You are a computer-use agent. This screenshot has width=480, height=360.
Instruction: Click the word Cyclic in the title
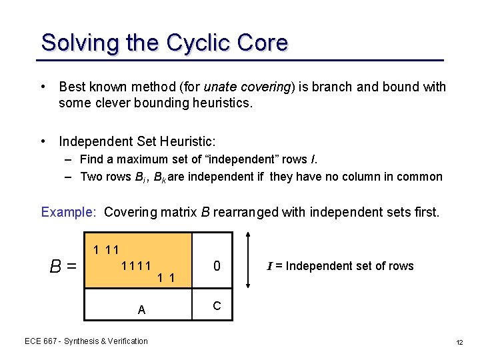tap(200, 43)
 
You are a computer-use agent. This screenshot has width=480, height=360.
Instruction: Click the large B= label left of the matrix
tap(63, 266)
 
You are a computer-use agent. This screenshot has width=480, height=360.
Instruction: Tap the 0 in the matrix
tap(217, 266)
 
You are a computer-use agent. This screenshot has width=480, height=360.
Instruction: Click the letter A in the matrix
tap(141, 309)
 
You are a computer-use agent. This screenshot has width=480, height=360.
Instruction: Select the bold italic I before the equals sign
tap(269, 266)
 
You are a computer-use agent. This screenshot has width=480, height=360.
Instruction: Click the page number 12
tap(459, 342)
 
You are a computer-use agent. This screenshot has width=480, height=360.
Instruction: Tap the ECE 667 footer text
tap(86, 341)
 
